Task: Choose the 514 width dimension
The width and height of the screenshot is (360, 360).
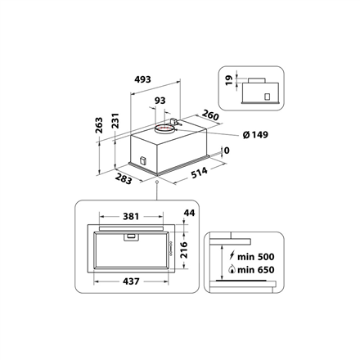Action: tap(198, 173)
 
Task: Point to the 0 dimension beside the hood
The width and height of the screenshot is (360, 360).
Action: tap(226, 151)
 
